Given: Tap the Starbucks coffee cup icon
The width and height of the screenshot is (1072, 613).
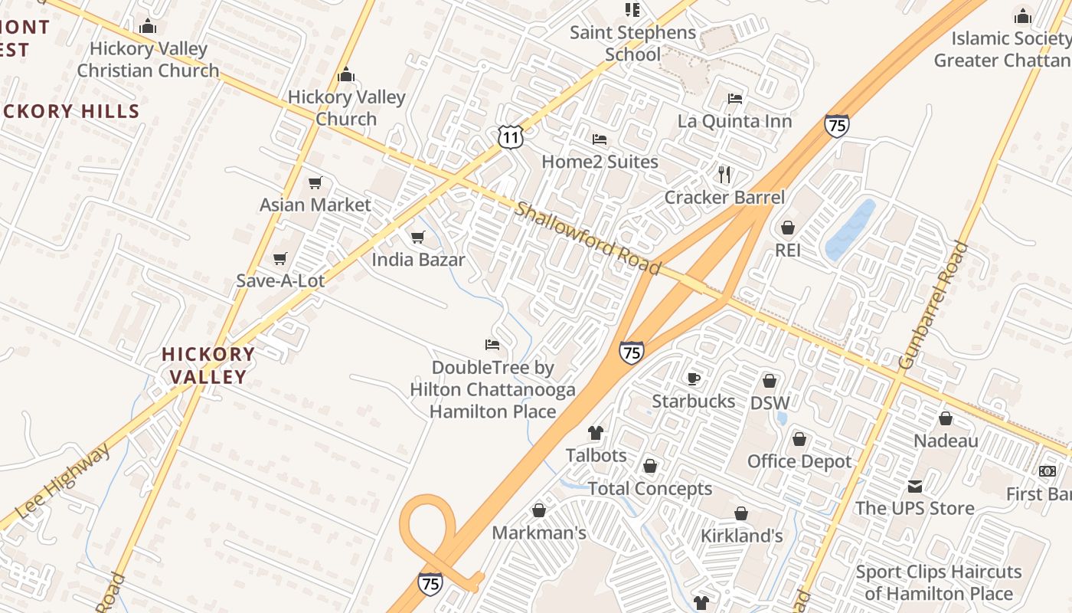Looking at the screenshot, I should coord(693,379).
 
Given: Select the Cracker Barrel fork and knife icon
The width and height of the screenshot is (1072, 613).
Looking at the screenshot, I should coord(724,175).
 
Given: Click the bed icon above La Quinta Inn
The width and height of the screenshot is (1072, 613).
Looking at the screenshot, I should coord(735,98).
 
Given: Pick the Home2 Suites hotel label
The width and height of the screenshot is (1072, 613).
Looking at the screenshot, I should coord(600,162).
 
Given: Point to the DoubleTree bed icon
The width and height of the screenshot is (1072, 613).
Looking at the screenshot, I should coord(492,345).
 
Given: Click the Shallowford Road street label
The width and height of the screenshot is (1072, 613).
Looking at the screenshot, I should coord(587,238).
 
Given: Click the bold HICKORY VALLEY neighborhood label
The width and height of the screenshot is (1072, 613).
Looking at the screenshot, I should coord(208,366).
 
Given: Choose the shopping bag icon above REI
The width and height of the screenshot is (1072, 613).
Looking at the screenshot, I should coord(787,228).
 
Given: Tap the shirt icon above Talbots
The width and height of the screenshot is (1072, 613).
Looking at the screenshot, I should coord(596,433).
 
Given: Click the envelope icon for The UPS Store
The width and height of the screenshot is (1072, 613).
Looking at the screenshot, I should coord(914,486).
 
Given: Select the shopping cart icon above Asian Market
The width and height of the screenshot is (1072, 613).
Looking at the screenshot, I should coord(315,182).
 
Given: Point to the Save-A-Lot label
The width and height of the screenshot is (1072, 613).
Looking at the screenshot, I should coord(280,280).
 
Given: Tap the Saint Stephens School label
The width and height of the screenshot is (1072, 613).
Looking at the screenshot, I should coord(633,44).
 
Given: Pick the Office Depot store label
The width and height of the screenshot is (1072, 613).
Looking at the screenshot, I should coord(799,461).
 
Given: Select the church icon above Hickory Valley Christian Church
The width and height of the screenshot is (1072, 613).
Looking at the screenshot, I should coord(148,27).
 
